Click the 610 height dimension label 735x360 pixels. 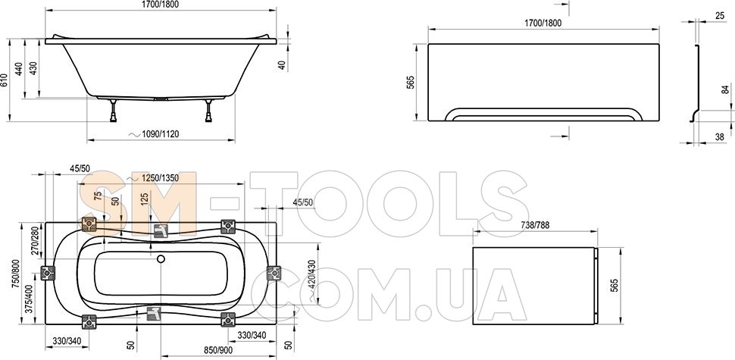click(x=5, y=80)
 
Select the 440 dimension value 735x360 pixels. click(x=19, y=68)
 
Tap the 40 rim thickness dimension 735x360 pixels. click(x=282, y=65)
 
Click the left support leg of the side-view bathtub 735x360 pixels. click(x=114, y=111)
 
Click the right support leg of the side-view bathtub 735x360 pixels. click(x=208, y=111)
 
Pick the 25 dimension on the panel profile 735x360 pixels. click(x=720, y=16)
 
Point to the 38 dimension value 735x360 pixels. click(x=720, y=137)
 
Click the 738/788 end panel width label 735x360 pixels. click(x=535, y=225)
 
